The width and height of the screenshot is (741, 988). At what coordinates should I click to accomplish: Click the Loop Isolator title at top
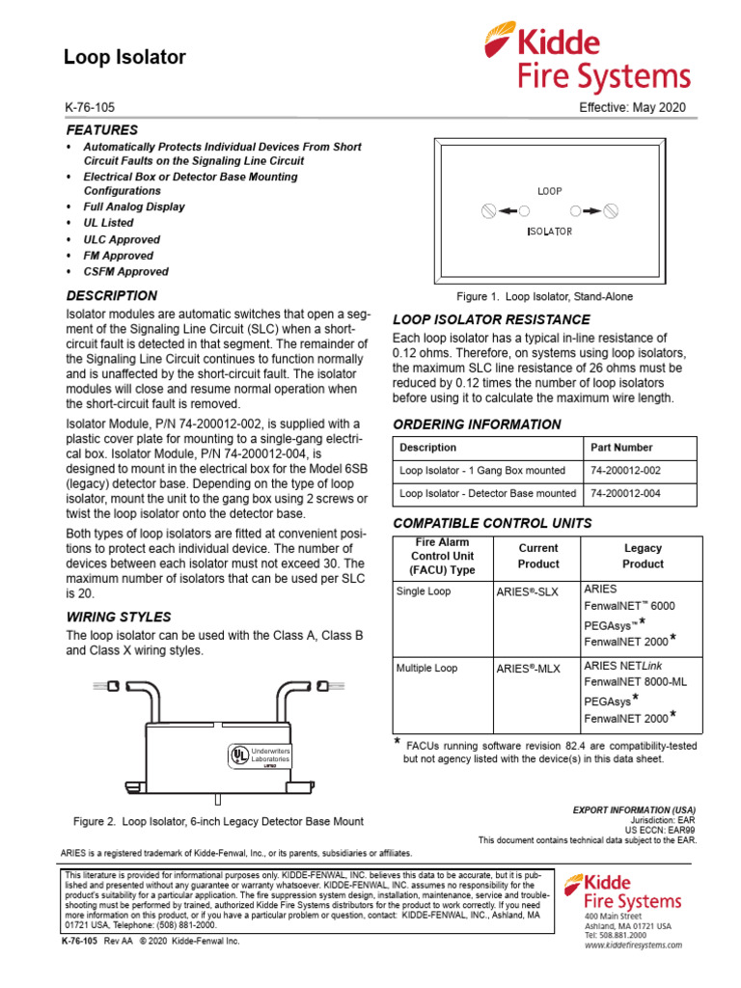pyautogui.click(x=124, y=58)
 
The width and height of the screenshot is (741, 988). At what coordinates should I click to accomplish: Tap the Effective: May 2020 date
pyautogui.click(x=632, y=108)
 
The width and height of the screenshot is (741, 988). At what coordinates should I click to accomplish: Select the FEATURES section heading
pyautogui.click(x=101, y=129)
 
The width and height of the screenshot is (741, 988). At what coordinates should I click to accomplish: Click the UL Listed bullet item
pyautogui.click(x=108, y=223)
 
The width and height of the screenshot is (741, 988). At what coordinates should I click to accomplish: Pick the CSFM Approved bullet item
pyautogui.click(x=125, y=272)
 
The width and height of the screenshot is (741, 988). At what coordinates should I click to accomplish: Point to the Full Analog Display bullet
pyautogui.click(x=133, y=206)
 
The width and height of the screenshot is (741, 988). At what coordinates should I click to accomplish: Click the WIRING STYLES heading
pyautogui.click(x=118, y=617)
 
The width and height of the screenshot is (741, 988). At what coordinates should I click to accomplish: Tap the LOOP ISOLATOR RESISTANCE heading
pyautogui.click(x=491, y=319)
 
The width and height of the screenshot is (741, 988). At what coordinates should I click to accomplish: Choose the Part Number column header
pyautogui.click(x=620, y=448)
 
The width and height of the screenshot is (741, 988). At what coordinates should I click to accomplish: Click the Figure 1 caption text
pyautogui.click(x=543, y=297)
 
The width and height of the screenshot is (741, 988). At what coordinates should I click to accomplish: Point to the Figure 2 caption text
pyautogui.click(x=219, y=821)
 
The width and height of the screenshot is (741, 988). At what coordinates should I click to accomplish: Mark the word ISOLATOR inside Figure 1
pyautogui.click(x=549, y=232)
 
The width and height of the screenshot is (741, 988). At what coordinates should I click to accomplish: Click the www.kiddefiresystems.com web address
pyautogui.click(x=632, y=946)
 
